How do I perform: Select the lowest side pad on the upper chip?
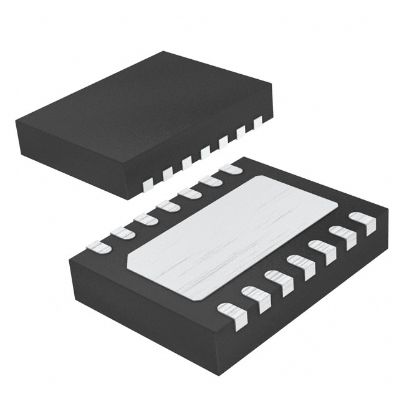tap(148, 183)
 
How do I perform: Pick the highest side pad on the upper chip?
tap(258, 123)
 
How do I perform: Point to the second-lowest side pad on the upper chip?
tap(167, 173)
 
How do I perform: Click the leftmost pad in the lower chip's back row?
tap(99, 247)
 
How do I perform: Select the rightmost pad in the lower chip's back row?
tap(231, 169)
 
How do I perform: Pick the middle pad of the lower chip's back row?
tap(168, 205)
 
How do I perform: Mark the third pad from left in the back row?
tap(146, 219)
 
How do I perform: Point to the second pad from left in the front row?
tap(256, 297)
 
